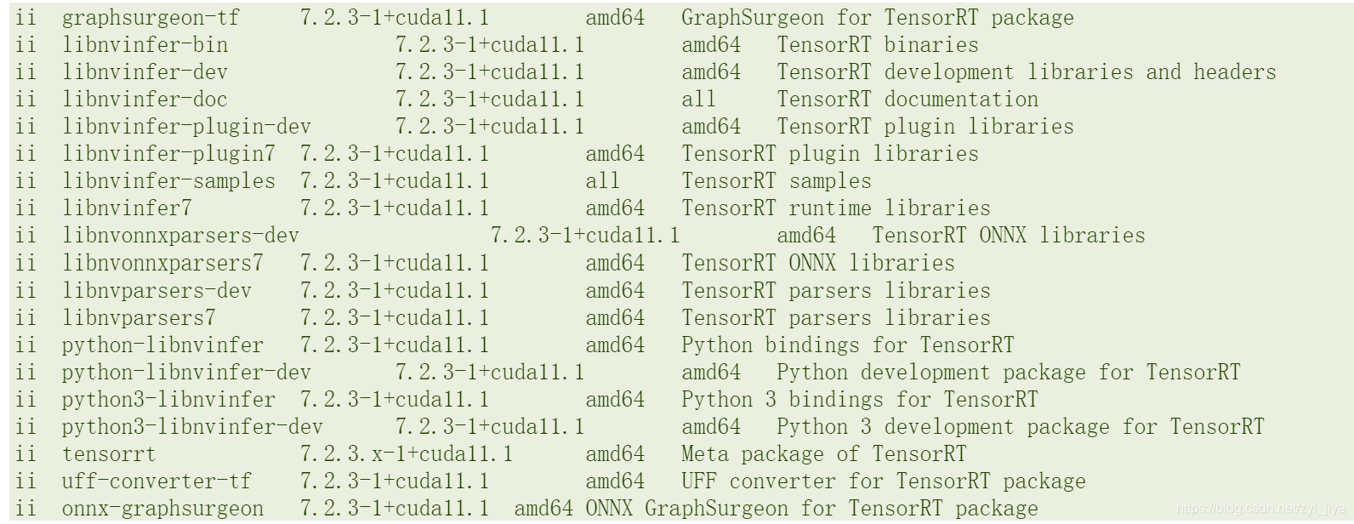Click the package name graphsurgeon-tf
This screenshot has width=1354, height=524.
(x=151, y=18)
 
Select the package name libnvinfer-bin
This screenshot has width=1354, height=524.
(x=145, y=45)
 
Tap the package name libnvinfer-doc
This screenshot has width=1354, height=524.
(x=145, y=100)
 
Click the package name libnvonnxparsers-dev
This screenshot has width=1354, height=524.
(x=180, y=236)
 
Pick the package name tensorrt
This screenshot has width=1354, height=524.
(x=109, y=454)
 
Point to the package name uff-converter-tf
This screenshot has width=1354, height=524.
(x=156, y=481)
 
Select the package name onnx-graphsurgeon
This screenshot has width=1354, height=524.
(x=162, y=509)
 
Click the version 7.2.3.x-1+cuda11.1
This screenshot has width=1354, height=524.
(x=406, y=454)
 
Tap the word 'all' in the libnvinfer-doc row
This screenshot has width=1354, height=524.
(x=698, y=100)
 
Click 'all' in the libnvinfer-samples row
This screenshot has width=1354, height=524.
(x=602, y=181)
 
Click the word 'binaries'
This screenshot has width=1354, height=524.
(x=931, y=45)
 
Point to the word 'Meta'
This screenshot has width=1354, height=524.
(x=704, y=454)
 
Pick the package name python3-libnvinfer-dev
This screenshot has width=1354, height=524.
(x=192, y=427)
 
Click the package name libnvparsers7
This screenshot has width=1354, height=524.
(x=139, y=318)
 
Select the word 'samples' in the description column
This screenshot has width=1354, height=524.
(x=829, y=181)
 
